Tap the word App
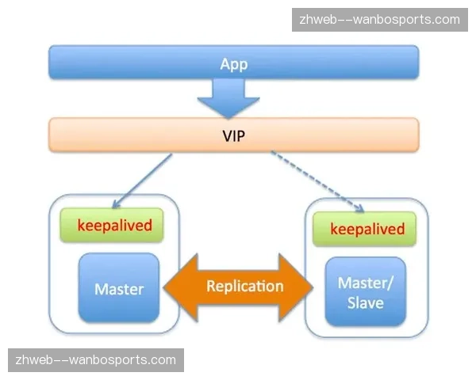pyautogui.click(x=234, y=64)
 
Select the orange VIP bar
pyautogui.click(x=119, y=135)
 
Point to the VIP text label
pyautogui.click(x=234, y=135)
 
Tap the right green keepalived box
pyautogui.click(x=367, y=230)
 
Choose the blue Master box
pyautogui.click(x=119, y=288)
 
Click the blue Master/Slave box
pyautogui.click(x=366, y=294)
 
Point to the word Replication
pyautogui.click(x=244, y=286)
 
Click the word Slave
pyautogui.click(x=366, y=303)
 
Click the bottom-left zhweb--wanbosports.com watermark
pyautogui.click(x=95, y=360)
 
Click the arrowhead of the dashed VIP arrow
pyautogui.click(x=359, y=209)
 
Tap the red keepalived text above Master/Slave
pyautogui.click(x=367, y=230)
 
